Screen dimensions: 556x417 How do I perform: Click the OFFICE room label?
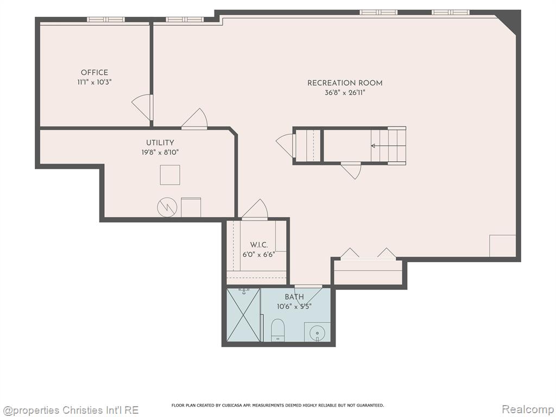coord(94,72)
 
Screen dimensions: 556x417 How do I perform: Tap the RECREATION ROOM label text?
coord(345,83)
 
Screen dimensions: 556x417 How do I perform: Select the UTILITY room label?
coord(160,143)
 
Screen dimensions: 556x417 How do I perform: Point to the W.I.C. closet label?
coord(259,245)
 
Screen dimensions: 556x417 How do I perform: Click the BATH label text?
coord(294,297)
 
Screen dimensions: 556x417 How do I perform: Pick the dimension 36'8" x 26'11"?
coord(345,93)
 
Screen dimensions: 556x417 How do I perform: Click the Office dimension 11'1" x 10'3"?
coord(94,83)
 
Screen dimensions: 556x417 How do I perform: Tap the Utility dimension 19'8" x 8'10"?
coord(160,153)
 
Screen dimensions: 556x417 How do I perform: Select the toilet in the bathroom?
coord(277,330)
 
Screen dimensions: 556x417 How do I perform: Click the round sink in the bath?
coord(317,333)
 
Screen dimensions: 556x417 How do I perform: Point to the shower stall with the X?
coord(243,315)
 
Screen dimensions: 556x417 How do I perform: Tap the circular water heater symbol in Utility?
coord(167,207)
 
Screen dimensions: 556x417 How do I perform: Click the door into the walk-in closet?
coord(255,210)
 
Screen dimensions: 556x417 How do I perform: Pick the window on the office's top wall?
coord(106,20)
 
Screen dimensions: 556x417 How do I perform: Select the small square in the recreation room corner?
coord(502,246)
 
